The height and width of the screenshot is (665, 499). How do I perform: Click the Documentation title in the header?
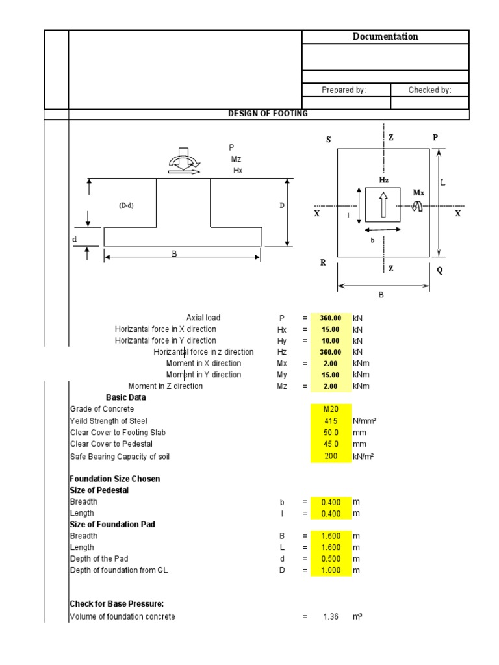coord(385,37)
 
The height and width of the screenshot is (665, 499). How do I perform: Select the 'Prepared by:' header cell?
coord(344,90)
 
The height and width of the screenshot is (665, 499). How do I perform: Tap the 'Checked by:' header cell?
coord(429,90)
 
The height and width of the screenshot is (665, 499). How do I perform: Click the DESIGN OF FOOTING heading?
coord(268,114)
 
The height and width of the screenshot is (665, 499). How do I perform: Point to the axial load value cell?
coord(331,318)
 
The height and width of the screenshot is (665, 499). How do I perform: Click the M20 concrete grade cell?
coord(331,409)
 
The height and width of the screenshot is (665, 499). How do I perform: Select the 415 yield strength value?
coord(331,421)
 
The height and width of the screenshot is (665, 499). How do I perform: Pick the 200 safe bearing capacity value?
coord(331,457)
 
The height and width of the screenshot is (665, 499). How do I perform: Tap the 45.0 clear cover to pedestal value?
coord(331,444)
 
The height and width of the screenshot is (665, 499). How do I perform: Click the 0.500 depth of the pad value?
coord(331,559)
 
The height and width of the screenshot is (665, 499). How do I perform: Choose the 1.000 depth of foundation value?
coord(331,570)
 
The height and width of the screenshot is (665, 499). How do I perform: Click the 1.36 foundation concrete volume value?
coord(331,616)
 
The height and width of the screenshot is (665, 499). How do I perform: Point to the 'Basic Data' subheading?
coord(126,397)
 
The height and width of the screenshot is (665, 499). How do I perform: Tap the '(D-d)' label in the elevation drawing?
coord(126,205)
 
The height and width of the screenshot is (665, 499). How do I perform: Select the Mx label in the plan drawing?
coord(419,193)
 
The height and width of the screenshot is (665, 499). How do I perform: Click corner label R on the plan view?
coord(323,263)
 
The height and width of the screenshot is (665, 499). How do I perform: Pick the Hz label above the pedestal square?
coord(383,179)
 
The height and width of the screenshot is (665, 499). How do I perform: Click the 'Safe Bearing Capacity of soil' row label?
coord(120,457)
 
